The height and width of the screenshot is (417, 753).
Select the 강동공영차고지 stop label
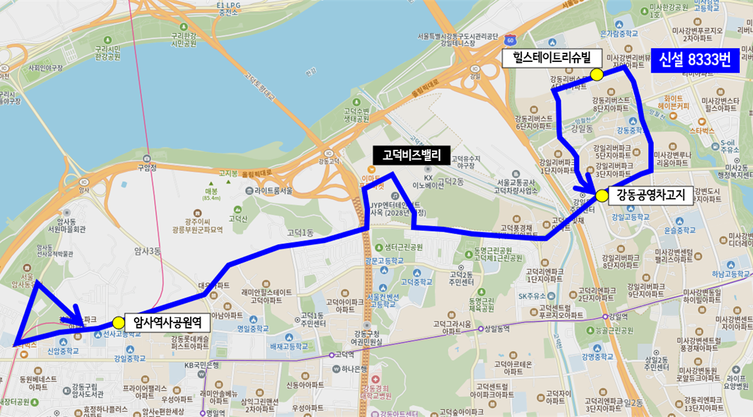(651, 195)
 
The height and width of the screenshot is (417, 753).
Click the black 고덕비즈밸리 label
(412, 155)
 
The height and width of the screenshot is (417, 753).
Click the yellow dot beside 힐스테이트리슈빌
(596, 75)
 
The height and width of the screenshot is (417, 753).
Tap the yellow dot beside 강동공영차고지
(601, 195)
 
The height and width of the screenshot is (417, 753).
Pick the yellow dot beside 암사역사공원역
(118, 322)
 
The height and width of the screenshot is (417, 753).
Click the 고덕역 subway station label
(345, 354)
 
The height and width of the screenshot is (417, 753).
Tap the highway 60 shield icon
(509, 40)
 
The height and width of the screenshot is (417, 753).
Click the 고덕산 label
(237, 217)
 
